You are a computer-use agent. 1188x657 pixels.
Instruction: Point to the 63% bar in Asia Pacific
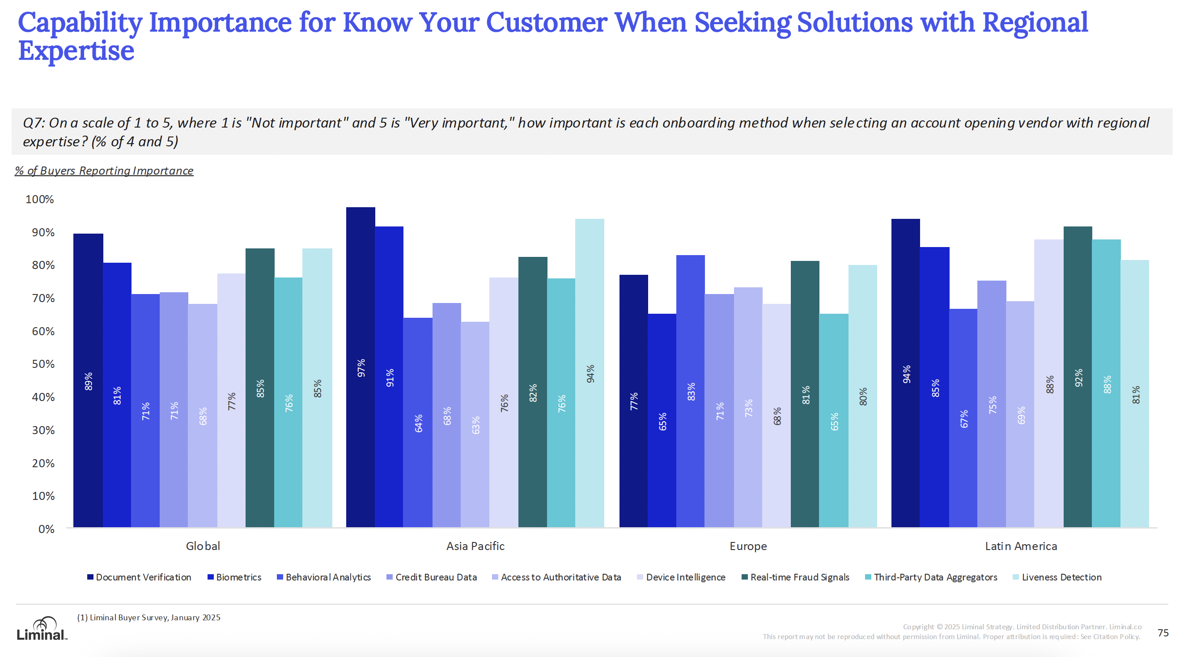475,424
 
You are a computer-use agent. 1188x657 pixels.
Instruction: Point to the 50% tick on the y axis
43,364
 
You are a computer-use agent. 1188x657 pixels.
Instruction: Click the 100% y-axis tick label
40,199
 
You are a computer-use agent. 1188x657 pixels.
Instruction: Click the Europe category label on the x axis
748,546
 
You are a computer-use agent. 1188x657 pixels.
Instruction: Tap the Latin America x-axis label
1021,546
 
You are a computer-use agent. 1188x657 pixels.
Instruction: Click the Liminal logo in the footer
42,629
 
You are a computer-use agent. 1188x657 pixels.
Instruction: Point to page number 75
1163,632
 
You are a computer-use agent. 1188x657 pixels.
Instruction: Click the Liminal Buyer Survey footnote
148,617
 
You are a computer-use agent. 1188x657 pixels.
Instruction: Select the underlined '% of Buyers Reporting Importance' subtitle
104,171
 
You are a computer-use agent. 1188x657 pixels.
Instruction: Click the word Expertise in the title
76,51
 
